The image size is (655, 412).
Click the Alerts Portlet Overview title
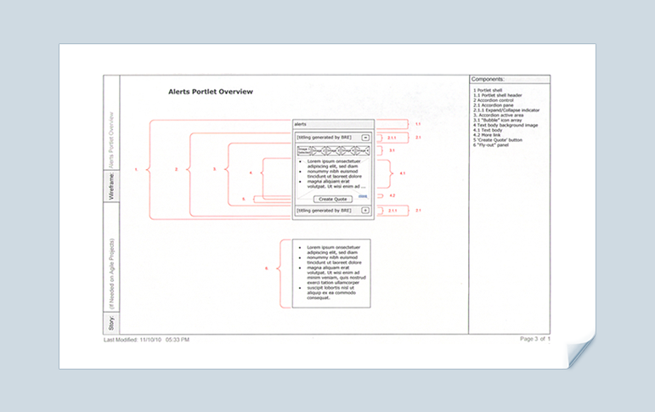pyautogui.click(x=211, y=92)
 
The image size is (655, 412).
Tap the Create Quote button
pyautogui.click(x=333, y=199)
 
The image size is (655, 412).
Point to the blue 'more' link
pyautogui.click(x=363, y=196)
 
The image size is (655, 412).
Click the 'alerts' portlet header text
pyautogui.click(x=301, y=123)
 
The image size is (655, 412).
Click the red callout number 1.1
pyautogui.click(x=417, y=124)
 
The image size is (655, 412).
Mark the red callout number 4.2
pyautogui.click(x=392, y=196)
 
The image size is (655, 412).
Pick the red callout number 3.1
pyautogui.click(x=392, y=150)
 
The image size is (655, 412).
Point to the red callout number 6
pyautogui.click(x=266, y=268)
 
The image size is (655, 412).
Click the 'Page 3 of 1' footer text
pyautogui.click(x=535, y=339)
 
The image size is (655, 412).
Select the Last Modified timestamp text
pyautogui.click(x=146, y=340)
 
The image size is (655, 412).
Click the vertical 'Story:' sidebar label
pyautogui.click(x=110, y=322)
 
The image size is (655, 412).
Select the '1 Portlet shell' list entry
pyautogui.click(x=490, y=89)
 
